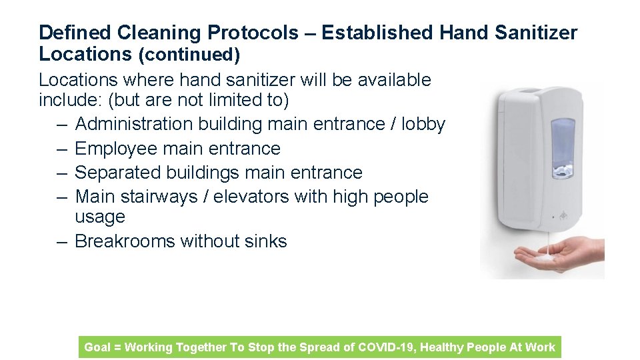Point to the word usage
(100, 217)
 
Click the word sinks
(267, 241)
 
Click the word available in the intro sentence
(394, 80)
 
